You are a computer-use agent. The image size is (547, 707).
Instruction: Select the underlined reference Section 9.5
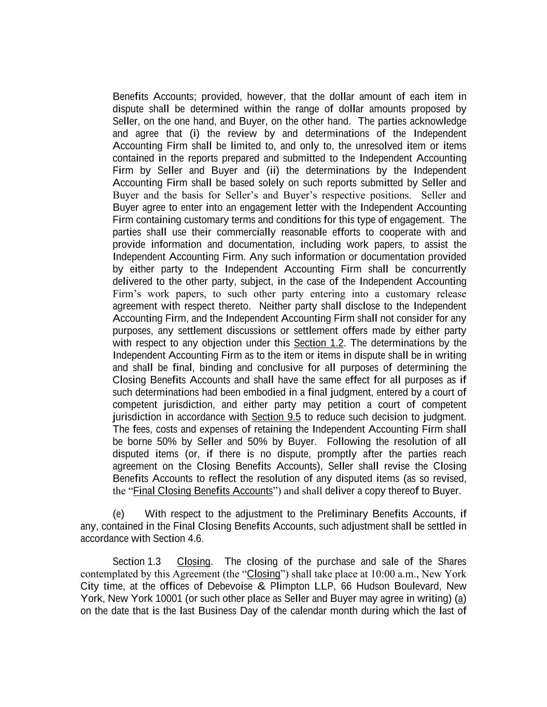coord(276,417)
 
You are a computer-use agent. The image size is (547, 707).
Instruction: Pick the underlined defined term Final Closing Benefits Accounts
coord(203,490)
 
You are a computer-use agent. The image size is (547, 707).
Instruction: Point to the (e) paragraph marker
coord(119,514)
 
